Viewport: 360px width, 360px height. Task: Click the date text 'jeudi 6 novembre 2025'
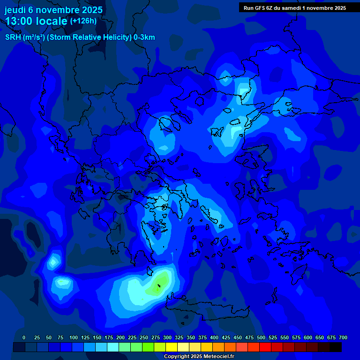(53, 10)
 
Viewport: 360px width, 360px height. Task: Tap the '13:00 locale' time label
(36, 22)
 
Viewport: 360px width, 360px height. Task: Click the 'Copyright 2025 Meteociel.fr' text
(199, 356)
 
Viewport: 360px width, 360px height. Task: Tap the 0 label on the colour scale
(24, 337)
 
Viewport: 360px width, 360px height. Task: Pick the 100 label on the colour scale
(74, 337)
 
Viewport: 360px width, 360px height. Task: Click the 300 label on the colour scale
(167, 337)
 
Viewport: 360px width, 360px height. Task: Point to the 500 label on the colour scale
(261, 337)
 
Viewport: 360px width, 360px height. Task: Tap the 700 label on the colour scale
(343, 337)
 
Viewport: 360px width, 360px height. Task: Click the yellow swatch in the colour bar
(172, 347)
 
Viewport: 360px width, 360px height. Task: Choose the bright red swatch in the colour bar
(265, 347)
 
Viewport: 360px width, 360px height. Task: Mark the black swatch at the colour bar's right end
(336, 347)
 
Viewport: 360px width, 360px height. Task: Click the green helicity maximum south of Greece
(160, 284)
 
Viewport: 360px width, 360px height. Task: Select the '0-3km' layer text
(144, 37)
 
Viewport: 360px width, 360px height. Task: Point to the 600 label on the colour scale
(308, 337)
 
